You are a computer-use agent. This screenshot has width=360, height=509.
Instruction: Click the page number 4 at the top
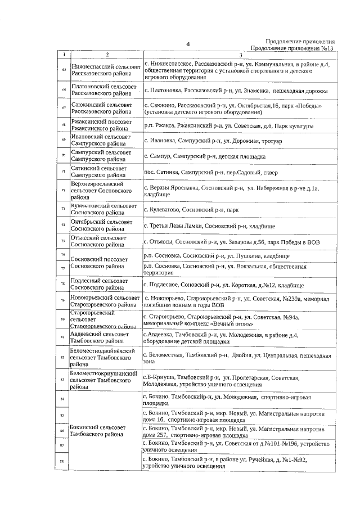188,44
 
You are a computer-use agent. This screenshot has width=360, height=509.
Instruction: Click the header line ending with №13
292,48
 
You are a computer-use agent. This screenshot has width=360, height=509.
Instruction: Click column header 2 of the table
105,55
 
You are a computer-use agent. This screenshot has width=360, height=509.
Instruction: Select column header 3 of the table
240,55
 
